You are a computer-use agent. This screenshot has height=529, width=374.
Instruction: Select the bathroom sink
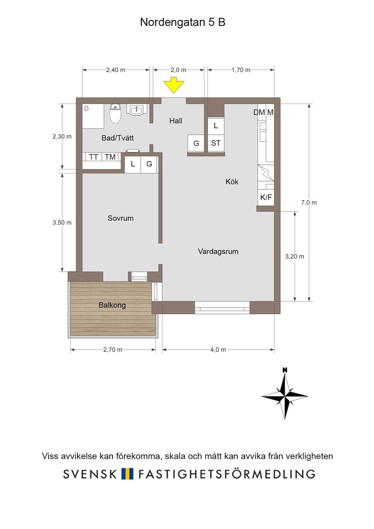click(x=137, y=110)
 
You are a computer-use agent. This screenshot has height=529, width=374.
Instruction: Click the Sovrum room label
click(x=121, y=218)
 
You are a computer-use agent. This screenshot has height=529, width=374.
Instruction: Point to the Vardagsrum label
click(x=218, y=251)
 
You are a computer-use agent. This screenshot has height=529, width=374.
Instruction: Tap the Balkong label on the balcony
click(x=112, y=305)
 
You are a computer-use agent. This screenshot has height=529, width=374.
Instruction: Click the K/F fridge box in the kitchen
click(x=266, y=197)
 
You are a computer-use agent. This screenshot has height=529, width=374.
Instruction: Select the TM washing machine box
click(x=110, y=157)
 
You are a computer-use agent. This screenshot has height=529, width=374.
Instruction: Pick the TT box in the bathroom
click(x=93, y=157)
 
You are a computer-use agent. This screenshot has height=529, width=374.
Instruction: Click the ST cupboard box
click(x=216, y=143)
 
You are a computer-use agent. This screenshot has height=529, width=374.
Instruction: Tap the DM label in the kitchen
click(x=259, y=113)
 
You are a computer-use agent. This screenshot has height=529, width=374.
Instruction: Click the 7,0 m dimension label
click(x=309, y=203)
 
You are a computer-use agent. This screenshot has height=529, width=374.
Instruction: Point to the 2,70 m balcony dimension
click(x=113, y=350)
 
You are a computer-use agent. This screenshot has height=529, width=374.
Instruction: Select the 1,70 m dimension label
click(x=241, y=70)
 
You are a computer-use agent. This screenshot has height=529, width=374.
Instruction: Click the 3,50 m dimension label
click(x=62, y=222)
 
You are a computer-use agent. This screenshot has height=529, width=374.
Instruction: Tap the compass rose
click(x=285, y=396)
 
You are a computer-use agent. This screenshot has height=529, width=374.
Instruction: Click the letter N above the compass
click(x=285, y=370)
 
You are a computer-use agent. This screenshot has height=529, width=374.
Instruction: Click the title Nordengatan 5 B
click(x=183, y=22)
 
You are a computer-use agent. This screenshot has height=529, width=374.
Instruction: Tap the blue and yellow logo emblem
click(x=127, y=473)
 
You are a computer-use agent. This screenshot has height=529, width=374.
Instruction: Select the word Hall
click(x=176, y=121)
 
